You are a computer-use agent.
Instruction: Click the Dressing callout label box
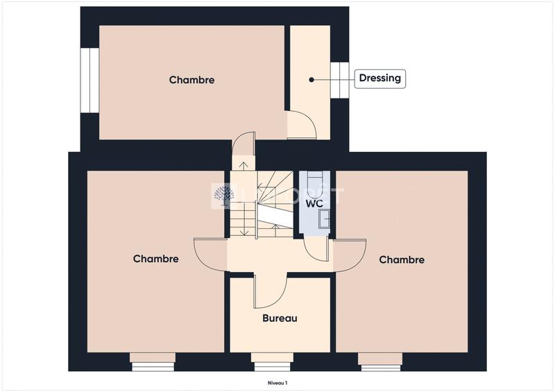point(379,78)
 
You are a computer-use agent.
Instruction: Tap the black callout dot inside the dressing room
point(311,80)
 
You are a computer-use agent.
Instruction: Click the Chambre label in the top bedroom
point(191,80)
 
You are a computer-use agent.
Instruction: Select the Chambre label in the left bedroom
point(155,259)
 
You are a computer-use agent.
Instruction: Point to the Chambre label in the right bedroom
point(402,259)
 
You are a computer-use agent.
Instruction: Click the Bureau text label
point(280,318)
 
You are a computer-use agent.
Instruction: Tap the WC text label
point(314,203)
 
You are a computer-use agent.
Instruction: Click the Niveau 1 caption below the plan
point(277,382)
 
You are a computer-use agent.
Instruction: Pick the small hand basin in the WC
point(324,220)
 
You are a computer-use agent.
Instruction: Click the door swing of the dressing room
point(302,125)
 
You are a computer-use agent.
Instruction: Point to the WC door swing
point(316,250)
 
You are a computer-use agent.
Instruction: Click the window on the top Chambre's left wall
point(89,80)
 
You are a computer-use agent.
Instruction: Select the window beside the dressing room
point(339,80)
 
